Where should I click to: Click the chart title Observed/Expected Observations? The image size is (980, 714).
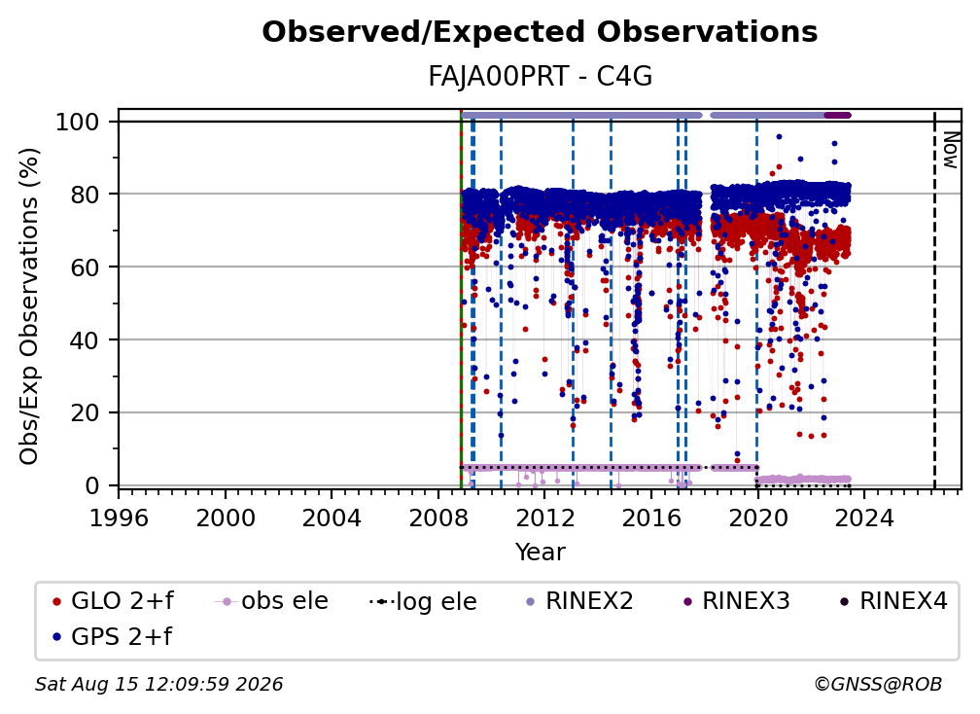(540, 32)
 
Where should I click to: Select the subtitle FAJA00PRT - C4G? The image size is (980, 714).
(540, 77)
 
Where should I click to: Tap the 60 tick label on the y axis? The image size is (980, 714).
(85, 267)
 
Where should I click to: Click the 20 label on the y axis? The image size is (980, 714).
(85, 412)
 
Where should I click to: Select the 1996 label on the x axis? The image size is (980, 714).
(119, 518)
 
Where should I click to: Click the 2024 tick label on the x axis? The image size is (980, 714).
(864, 518)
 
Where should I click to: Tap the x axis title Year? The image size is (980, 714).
(540, 553)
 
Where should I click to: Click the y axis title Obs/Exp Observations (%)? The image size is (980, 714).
(29, 306)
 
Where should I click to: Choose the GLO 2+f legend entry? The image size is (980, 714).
(113, 601)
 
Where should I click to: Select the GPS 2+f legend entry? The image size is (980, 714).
(113, 636)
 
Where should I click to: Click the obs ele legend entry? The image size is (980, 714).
(271, 601)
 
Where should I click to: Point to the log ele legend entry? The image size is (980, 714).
(423, 601)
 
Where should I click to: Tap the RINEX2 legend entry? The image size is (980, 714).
(580, 601)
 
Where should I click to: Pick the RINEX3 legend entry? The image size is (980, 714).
(736, 601)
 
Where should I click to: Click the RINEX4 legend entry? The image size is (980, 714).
(893, 601)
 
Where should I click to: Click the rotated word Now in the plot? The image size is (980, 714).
(951, 150)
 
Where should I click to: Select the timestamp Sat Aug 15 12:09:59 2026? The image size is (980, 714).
(158, 684)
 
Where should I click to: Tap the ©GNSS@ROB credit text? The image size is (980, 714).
(878, 684)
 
